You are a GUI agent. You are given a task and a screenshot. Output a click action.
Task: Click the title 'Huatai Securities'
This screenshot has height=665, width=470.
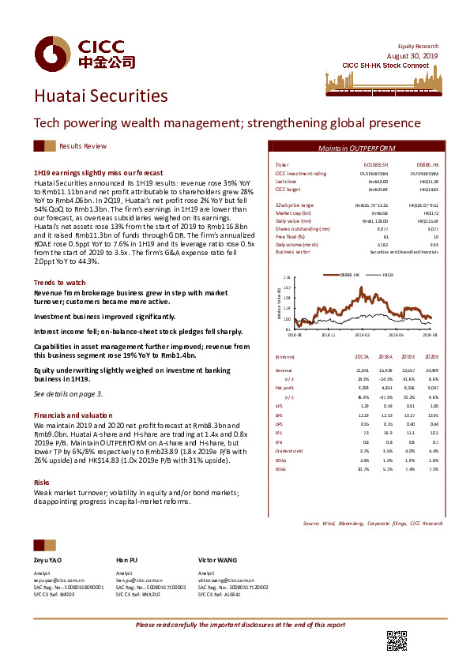click(100, 96)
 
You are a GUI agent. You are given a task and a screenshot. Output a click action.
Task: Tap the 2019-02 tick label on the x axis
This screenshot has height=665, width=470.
click(361, 335)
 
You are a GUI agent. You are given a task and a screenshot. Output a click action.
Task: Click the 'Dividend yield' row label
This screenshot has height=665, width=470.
click(290, 450)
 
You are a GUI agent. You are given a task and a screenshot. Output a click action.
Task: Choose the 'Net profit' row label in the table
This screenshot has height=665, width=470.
click(284, 388)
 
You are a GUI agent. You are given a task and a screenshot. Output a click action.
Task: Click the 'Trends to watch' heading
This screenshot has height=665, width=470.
click(59, 282)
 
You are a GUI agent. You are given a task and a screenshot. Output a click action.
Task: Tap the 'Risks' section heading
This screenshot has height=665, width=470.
click(42, 481)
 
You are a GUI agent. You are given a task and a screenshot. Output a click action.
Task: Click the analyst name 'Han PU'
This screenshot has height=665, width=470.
click(127, 559)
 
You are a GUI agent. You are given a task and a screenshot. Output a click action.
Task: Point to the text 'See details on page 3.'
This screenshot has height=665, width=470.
click(68, 393)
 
